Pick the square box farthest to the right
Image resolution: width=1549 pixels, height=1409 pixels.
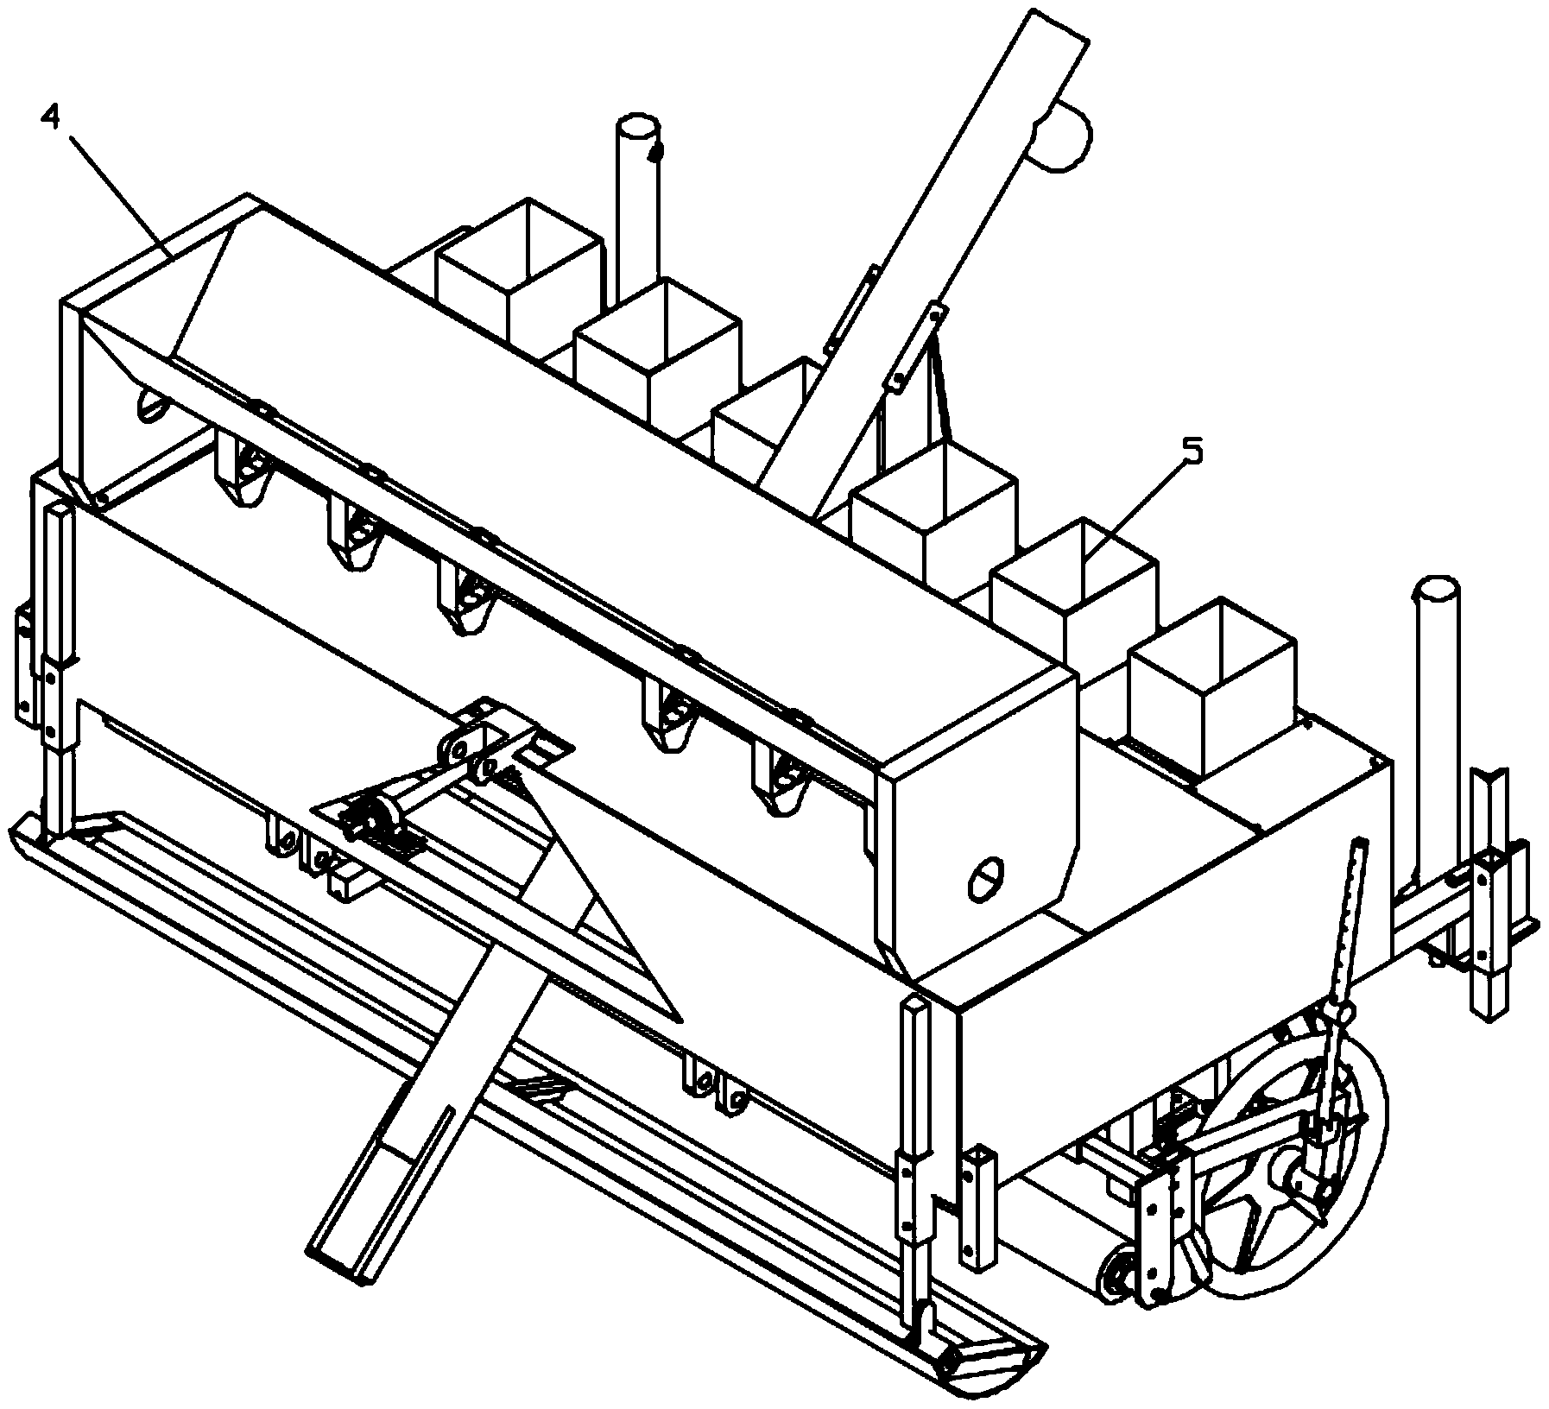point(1212,686)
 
